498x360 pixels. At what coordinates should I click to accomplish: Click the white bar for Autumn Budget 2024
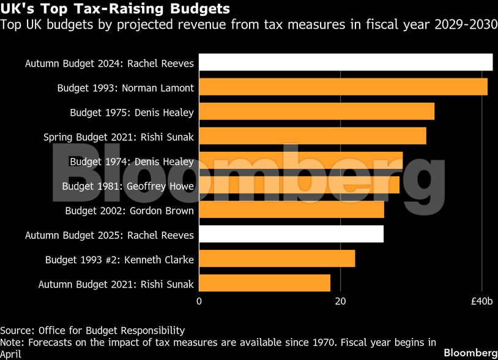346,62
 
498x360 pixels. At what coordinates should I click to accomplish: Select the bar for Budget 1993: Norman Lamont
343,87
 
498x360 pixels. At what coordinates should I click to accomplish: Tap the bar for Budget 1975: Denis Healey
316,111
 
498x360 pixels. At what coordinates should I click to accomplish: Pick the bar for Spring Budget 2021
312,136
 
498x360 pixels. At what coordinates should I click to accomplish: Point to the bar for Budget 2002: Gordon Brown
291,209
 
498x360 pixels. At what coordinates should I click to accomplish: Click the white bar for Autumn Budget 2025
291,234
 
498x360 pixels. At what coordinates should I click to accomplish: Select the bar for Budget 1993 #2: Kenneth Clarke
277,258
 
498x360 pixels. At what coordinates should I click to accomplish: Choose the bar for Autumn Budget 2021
264,283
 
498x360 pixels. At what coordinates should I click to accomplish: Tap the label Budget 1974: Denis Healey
132,162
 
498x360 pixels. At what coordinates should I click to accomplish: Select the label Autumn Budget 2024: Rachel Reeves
110,63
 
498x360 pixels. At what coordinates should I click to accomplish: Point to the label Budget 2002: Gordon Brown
129,211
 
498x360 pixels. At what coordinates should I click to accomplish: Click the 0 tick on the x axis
199,301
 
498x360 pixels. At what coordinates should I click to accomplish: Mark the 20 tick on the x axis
340,301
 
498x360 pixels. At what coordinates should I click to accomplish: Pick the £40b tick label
481,301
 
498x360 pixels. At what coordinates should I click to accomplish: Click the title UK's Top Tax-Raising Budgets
115,9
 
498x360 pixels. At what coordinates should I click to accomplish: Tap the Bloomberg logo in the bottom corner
470,353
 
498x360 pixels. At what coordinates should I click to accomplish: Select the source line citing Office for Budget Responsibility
92,330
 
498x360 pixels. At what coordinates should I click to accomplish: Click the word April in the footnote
10,354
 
